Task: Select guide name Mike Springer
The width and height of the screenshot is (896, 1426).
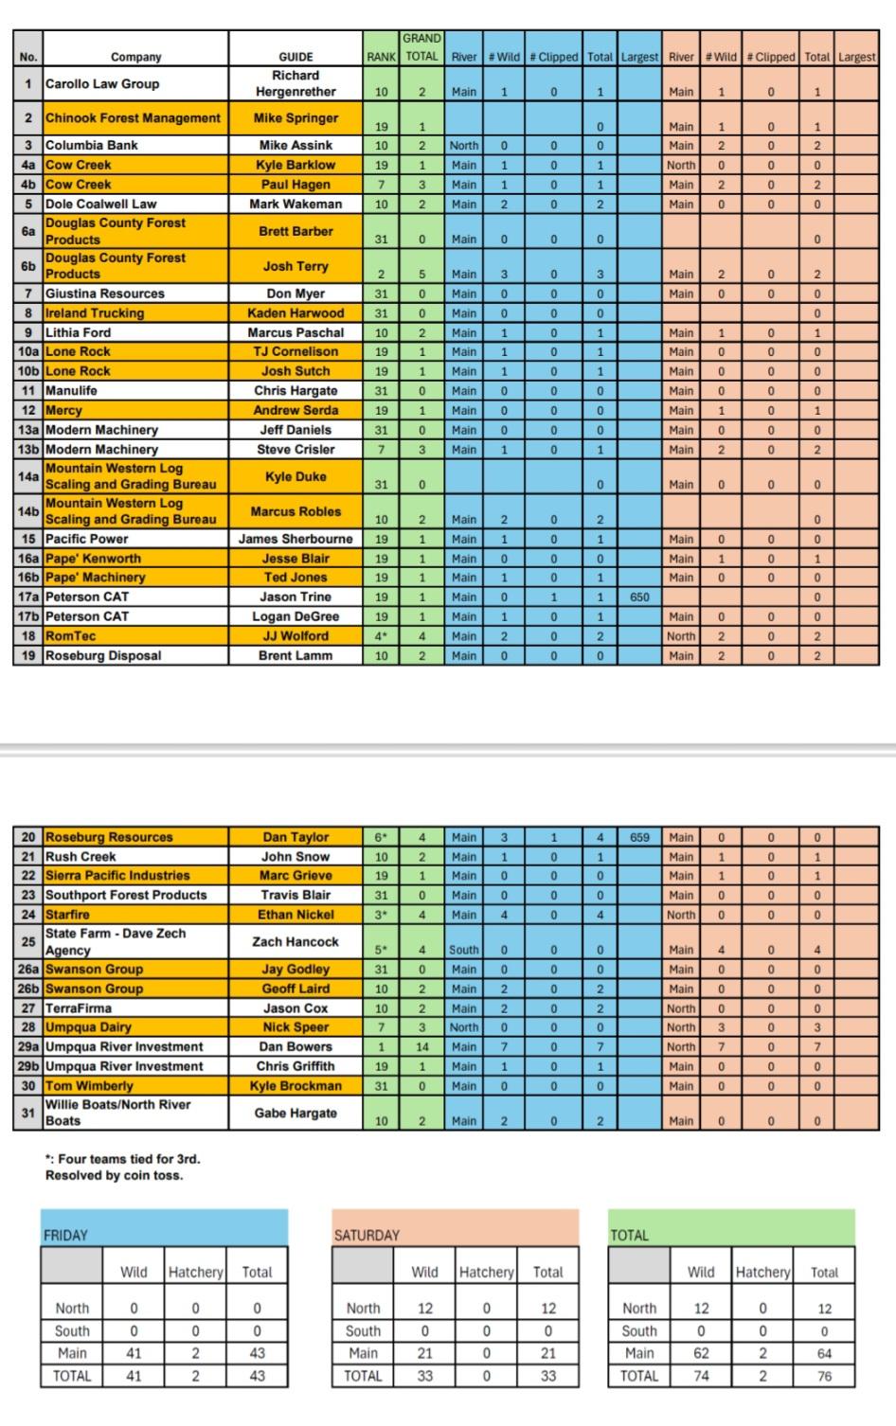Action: tap(296, 118)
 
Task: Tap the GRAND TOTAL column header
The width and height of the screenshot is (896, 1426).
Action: tap(421, 47)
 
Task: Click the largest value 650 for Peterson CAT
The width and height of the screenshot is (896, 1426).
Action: tap(639, 597)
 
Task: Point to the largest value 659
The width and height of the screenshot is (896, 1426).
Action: tap(639, 838)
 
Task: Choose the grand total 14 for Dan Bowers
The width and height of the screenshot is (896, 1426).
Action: tap(422, 1047)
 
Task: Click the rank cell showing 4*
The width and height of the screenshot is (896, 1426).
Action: tap(381, 636)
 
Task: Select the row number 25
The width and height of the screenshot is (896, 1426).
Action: tap(27, 942)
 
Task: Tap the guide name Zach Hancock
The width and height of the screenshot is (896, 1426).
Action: tap(296, 942)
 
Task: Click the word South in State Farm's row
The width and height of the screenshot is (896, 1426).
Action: tap(464, 950)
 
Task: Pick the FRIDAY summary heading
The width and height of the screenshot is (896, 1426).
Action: tap(65, 1236)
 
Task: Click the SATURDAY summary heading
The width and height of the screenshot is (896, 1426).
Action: tap(367, 1236)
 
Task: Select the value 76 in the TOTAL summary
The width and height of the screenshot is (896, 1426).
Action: tap(824, 1377)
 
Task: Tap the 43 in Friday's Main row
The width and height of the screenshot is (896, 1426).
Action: tap(257, 1354)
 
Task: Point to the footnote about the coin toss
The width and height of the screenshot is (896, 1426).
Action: tap(122, 1168)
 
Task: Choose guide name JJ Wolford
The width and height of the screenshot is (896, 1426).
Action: tap(296, 636)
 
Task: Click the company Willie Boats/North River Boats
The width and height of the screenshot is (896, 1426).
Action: tap(117, 1113)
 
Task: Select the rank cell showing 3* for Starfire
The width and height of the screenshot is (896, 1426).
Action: tap(381, 916)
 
